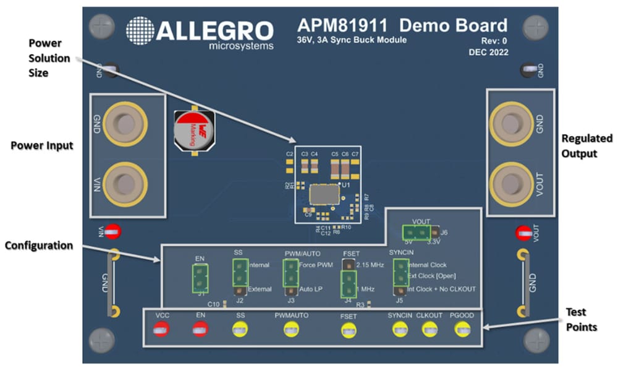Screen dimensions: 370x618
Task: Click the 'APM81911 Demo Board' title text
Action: point(402,25)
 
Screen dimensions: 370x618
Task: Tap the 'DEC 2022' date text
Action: point(488,53)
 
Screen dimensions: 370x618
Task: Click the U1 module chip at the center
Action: point(324,196)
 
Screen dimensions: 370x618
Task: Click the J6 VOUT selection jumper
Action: point(415,233)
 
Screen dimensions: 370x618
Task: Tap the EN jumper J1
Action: point(200,278)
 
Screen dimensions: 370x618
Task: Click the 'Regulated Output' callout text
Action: point(586,145)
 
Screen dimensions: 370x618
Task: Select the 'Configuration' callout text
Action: point(39,246)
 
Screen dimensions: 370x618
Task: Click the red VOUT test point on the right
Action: point(523,234)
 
